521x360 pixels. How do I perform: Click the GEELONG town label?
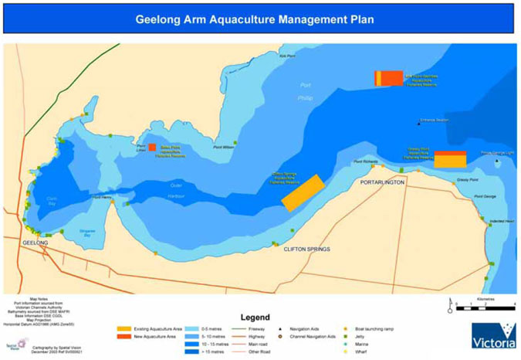pos(36,243)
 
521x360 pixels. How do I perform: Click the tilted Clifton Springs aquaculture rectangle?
pos(302,192)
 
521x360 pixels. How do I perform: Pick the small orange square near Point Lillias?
pos(152,147)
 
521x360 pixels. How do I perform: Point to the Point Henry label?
pos(102,197)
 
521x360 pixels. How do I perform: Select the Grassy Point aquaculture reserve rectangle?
pos(450,159)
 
